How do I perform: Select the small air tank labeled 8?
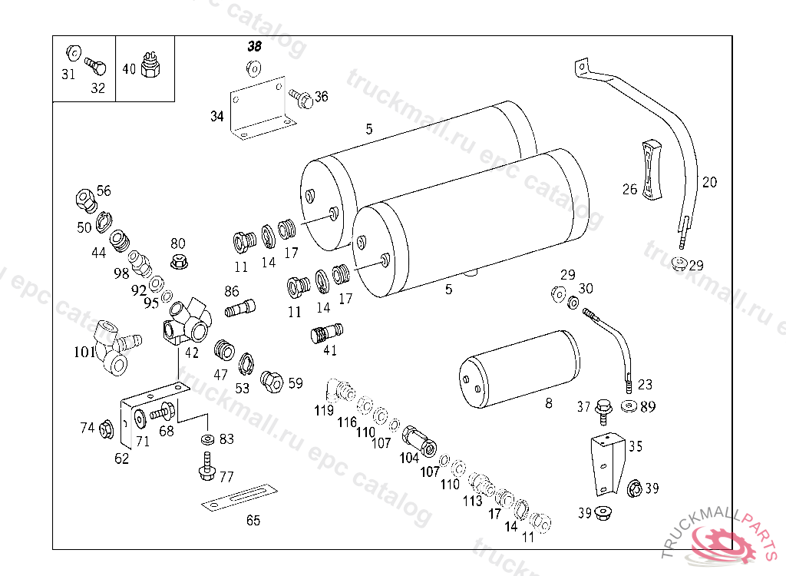(520, 369)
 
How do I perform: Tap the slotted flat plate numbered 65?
(239, 498)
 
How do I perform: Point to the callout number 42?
(192, 353)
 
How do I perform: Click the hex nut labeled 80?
(179, 261)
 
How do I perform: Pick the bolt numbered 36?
(301, 98)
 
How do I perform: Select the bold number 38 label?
(255, 47)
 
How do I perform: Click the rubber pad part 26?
(652, 170)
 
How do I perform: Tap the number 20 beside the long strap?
(709, 182)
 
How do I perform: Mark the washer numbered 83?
(207, 439)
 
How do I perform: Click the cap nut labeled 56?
(86, 200)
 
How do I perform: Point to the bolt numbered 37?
(603, 412)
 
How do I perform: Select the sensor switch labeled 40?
(150, 65)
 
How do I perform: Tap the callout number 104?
(409, 458)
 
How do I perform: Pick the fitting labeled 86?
(240, 307)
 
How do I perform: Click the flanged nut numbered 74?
(106, 429)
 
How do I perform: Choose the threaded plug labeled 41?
(327, 333)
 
